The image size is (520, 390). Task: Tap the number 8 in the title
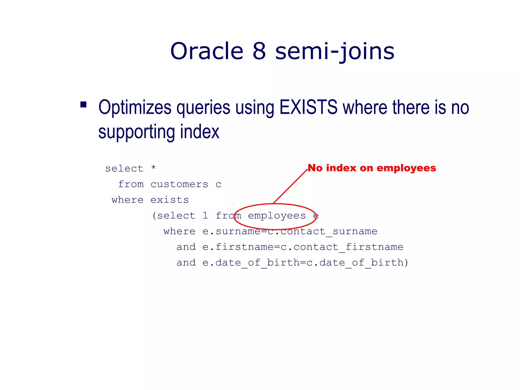click(259, 51)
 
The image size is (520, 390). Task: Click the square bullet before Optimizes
click(83, 105)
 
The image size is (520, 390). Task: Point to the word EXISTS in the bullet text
click(308, 107)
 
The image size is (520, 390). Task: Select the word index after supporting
click(200, 132)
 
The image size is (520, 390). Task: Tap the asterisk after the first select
click(153, 168)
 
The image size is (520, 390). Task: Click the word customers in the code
click(179, 184)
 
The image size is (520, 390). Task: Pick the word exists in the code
click(170, 200)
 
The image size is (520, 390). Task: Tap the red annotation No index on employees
click(372, 168)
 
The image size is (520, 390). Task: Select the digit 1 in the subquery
click(205, 216)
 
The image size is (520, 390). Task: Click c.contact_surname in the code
click(322, 231)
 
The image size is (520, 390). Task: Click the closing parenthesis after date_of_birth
click(406, 263)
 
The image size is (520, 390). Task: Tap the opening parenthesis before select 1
click(154, 216)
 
